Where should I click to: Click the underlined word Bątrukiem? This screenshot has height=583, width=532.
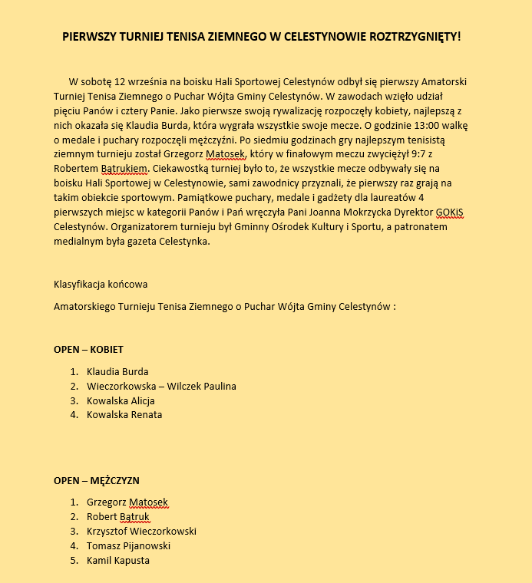tap(123, 169)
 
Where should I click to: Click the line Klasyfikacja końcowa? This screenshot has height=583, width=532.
tap(101, 285)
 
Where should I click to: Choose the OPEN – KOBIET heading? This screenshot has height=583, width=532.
tap(88, 349)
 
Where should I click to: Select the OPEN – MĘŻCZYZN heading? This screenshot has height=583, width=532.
tap(96, 480)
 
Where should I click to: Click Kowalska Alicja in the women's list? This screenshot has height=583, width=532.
tap(121, 400)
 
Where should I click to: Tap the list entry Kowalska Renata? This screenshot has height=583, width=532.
tap(124, 415)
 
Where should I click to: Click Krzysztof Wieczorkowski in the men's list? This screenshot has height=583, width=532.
tap(141, 531)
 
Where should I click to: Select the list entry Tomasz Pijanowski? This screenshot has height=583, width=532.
tap(128, 545)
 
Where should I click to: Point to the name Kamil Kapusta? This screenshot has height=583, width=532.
tap(117, 560)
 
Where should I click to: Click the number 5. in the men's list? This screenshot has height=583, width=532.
tap(74, 560)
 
